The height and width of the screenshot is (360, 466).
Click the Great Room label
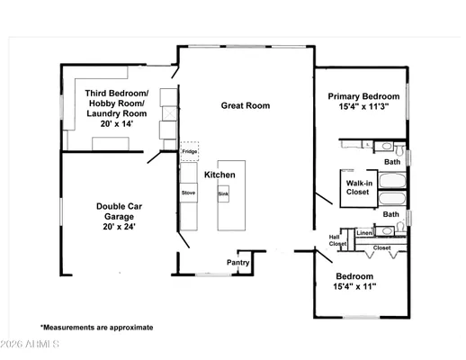pos(246,105)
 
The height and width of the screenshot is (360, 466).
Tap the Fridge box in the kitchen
pos(189,151)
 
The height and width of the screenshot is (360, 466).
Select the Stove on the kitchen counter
pos(189,193)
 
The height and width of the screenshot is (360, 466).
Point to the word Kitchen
pos(220,175)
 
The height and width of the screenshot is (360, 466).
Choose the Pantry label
pos(237,263)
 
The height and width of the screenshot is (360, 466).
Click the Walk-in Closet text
pos(358,187)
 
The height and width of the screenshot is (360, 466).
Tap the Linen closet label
pos(363,233)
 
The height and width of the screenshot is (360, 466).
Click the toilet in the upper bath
pos(381,146)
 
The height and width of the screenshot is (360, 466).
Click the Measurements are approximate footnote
pos(96,328)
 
